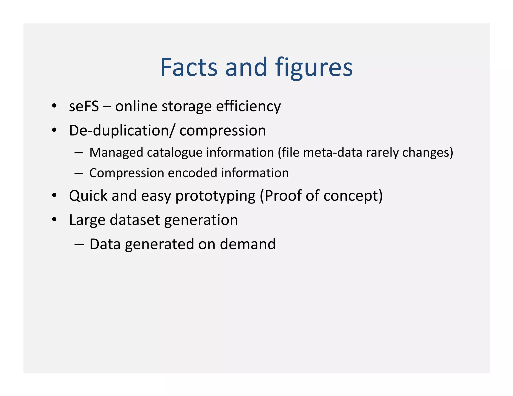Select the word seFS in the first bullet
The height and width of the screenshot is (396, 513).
click(x=84, y=106)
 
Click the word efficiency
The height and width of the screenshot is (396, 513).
click(x=248, y=106)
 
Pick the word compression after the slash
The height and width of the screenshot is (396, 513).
click(x=223, y=130)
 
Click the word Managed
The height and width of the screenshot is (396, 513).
click(x=116, y=152)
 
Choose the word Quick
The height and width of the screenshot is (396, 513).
click(x=88, y=195)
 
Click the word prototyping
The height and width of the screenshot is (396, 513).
click(x=215, y=195)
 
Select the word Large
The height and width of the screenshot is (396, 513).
click(x=87, y=220)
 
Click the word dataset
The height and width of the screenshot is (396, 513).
click(x=135, y=220)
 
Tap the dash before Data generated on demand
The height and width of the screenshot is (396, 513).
click(x=79, y=244)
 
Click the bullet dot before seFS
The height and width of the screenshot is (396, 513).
click(x=54, y=106)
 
